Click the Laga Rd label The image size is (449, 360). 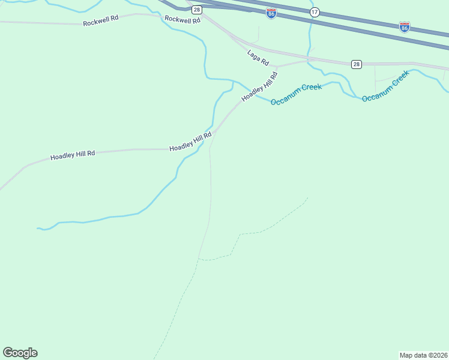pyautogui.click(x=258, y=58)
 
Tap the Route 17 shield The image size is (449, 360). pyautogui.click(x=315, y=12)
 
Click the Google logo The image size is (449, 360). pyautogui.click(x=20, y=353)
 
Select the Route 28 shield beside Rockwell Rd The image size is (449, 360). pyautogui.click(x=197, y=10)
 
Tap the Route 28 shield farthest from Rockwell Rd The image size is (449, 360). pyautogui.click(x=357, y=64)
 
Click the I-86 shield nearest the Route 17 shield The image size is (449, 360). pyautogui.click(x=271, y=13)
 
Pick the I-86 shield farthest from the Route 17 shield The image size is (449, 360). pyautogui.click(x=405, y=27)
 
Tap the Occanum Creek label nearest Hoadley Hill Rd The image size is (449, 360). pyautogui.click(x=296, y=94)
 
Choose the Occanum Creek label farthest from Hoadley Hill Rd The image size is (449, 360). pyautogui.click(x=385, y=85)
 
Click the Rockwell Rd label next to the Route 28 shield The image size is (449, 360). pyautogui.click(x=182, y=19)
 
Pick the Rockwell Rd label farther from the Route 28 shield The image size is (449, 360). pyautogui.click(x=101, y=19)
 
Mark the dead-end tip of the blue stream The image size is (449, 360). pyautogui.click(x=38, y=228)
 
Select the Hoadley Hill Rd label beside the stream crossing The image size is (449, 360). pyautogui.click(x=191, y=142)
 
